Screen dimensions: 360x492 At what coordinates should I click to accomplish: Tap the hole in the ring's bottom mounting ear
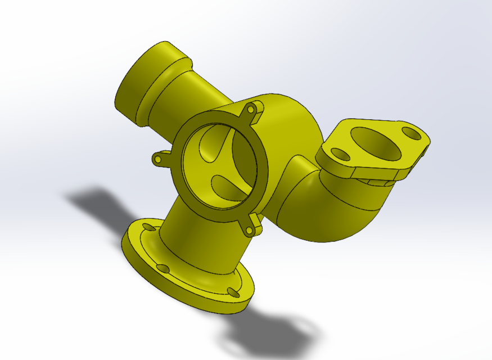coord(249,230)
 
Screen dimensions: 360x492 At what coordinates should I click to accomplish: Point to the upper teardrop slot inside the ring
coord(214,141)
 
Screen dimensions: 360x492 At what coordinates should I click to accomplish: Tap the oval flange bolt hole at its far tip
coord(412,134)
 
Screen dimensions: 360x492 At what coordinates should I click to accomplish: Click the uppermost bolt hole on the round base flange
coord(148,227)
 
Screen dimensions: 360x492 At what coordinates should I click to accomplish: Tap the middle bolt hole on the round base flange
coord(162,268)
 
